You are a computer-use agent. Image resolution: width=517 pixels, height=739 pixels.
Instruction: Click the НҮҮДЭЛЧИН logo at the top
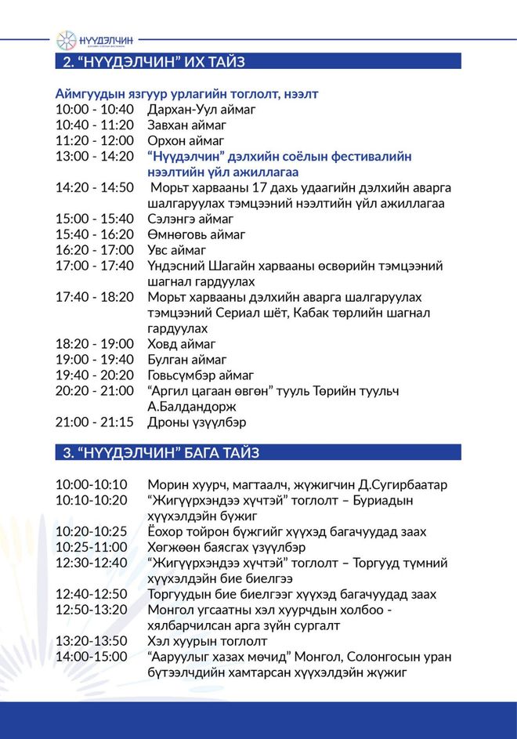95,39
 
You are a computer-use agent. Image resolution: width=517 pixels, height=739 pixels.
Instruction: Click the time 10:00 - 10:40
95,110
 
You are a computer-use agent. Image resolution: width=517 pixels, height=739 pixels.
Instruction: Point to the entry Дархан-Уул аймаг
201,110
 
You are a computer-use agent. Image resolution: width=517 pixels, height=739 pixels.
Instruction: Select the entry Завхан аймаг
187,125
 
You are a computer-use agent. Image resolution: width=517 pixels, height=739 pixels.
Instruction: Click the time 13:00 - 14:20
95,157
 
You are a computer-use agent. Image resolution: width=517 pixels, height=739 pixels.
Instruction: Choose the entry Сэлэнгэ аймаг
190,219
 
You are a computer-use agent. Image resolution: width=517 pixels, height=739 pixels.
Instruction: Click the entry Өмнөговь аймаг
197,234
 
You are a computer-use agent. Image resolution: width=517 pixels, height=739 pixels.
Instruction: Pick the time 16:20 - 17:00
95,250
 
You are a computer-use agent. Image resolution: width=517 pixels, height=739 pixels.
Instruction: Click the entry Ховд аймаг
182,344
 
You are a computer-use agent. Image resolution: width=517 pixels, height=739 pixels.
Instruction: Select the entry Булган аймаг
187,360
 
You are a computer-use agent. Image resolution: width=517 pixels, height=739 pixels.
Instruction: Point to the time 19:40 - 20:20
95,375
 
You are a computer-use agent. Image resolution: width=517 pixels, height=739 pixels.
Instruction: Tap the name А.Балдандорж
192,407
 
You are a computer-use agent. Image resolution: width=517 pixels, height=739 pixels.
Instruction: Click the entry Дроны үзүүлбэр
195,422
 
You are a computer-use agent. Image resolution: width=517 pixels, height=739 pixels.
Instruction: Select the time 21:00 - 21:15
95,422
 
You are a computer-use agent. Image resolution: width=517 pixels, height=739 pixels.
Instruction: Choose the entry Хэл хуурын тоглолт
208,641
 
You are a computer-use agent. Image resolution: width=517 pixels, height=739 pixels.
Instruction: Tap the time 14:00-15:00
91,657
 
